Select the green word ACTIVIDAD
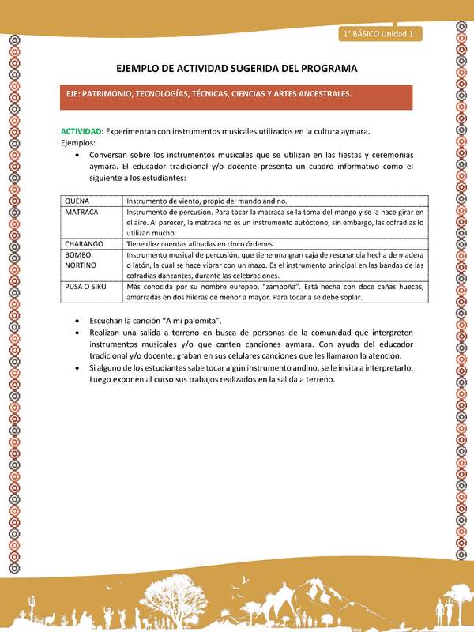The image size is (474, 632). (81, 130)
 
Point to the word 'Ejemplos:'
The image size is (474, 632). (78, 143)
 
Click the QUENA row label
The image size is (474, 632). (77, 201)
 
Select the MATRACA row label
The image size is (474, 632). (82, 213)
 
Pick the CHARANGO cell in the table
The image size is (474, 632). (85, 244)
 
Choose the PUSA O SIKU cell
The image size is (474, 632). (87, 288)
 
